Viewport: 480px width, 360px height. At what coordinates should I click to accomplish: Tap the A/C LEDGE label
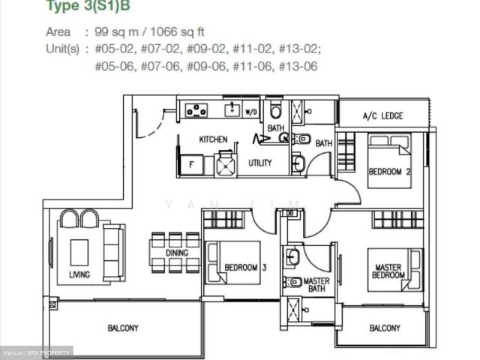click(x=382, y=116)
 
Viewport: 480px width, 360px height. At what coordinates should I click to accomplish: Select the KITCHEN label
click(x=213, y=139)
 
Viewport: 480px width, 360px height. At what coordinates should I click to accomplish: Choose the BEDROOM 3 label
click(x=245, y=267)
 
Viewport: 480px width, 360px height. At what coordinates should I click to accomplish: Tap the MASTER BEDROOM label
click(x=388, y=270)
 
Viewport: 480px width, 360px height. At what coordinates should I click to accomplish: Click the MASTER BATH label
click(x=316, y=286)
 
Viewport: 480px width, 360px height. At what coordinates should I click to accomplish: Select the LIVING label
click(x=79, y=274)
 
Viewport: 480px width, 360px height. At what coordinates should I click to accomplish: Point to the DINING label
click(x=177, y=253)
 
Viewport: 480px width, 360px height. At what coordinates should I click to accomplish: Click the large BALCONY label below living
click(x=123, y=328)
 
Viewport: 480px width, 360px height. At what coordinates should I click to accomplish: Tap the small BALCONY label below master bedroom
click(x=385, y=328)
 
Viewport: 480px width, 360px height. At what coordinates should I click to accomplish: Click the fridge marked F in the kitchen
click(x=190, y=164)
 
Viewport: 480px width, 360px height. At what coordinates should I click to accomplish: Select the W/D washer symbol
click(x=251, y=112)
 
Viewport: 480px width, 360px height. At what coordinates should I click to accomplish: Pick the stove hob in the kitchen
click(x=196, y=110)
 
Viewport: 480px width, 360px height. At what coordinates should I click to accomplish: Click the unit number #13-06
click(x=301, y=66)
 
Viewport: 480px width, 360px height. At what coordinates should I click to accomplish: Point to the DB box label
click(x=290, y=214)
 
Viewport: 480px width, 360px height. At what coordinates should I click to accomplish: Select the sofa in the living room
click(x=113, y=252)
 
